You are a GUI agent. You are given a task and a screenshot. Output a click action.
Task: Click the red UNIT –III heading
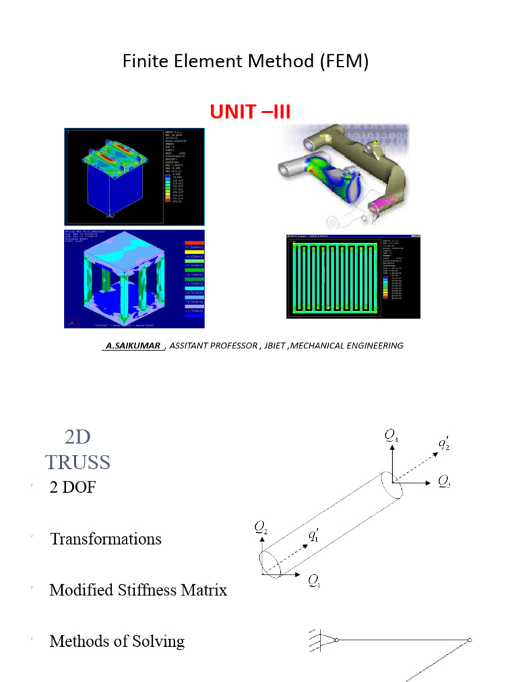250,111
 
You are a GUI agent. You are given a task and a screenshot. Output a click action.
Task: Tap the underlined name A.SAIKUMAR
133,346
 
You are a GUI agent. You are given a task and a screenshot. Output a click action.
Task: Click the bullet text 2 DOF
73,488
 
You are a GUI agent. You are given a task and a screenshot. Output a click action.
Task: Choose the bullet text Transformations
105,539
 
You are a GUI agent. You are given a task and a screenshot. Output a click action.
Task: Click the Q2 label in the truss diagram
261,527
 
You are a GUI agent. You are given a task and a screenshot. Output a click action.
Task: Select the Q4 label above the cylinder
392,436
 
